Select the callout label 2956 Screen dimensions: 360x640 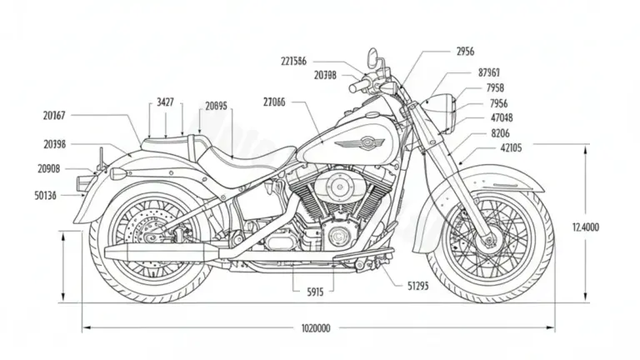[466, 51]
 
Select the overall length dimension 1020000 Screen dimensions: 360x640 [315, 328]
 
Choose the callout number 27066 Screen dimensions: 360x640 [274, 102]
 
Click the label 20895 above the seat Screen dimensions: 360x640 [216, 106]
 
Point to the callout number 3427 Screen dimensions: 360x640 [166, 102]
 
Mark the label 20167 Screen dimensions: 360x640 [55, 116]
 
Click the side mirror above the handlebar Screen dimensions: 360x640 [372, 57]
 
